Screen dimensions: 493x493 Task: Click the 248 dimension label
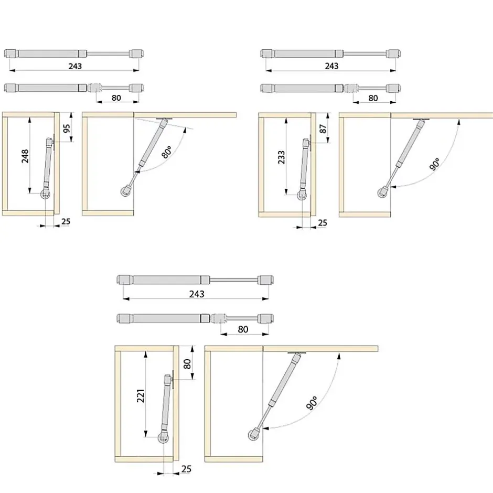25,156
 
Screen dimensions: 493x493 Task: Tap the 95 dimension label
67,128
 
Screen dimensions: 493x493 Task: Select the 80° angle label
167,152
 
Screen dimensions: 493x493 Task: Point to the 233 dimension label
282,157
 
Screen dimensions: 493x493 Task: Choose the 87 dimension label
323,129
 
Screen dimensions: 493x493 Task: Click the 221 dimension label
141,395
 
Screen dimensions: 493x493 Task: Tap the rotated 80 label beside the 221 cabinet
187,364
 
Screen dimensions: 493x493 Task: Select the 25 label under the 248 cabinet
66,222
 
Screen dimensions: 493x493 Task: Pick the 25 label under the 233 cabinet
323,223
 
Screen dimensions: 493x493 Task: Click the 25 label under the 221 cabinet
186,469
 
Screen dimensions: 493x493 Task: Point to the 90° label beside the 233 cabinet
435,165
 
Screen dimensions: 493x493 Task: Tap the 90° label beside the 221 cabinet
312,403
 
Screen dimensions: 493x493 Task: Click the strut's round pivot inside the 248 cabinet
45,195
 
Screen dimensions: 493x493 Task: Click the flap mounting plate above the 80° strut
164,119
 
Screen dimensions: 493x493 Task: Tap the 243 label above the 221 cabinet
197,294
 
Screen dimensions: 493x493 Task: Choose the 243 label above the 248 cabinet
75,66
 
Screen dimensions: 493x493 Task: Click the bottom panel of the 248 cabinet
28,213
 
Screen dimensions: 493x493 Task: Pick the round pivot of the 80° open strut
125,191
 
